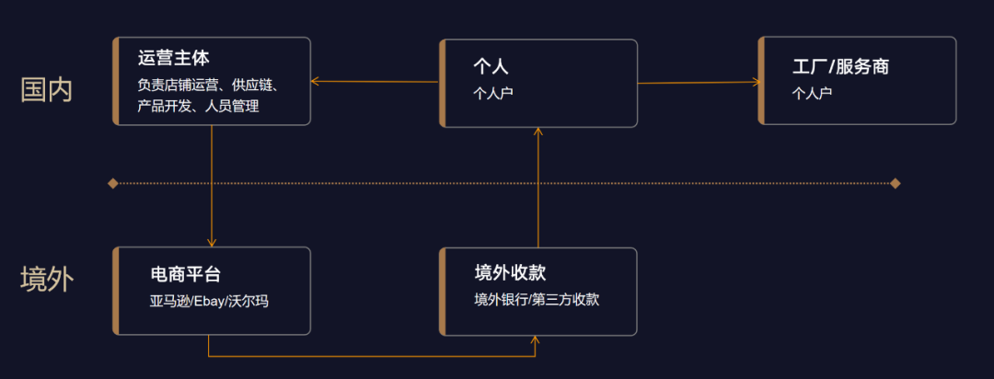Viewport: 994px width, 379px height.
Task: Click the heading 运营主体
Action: [174, 59]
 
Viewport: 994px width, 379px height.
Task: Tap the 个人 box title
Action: [491, 66]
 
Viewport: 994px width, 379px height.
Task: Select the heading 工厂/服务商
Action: [840, 66]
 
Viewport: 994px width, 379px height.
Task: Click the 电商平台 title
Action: [186, 274]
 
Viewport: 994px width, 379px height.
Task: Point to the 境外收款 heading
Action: [510, 272]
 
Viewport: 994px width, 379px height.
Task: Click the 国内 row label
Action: [46, 89]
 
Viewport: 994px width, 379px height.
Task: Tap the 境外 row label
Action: [46, 280]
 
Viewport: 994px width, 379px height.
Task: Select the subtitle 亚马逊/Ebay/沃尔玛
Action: [209, 301]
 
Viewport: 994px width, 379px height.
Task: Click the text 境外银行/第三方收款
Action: [537, 299]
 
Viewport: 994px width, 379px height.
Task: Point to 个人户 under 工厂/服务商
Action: [812, 93]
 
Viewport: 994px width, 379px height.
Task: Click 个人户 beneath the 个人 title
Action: [492, 93]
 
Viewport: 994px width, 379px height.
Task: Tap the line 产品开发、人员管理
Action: [198, 107]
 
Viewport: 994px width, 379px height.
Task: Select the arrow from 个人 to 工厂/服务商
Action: [699, 82]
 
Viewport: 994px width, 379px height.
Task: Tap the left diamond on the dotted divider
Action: [112, 183]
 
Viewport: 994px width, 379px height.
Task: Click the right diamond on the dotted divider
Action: [895, 183]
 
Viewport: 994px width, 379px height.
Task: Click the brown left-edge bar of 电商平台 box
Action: [116, 291]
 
